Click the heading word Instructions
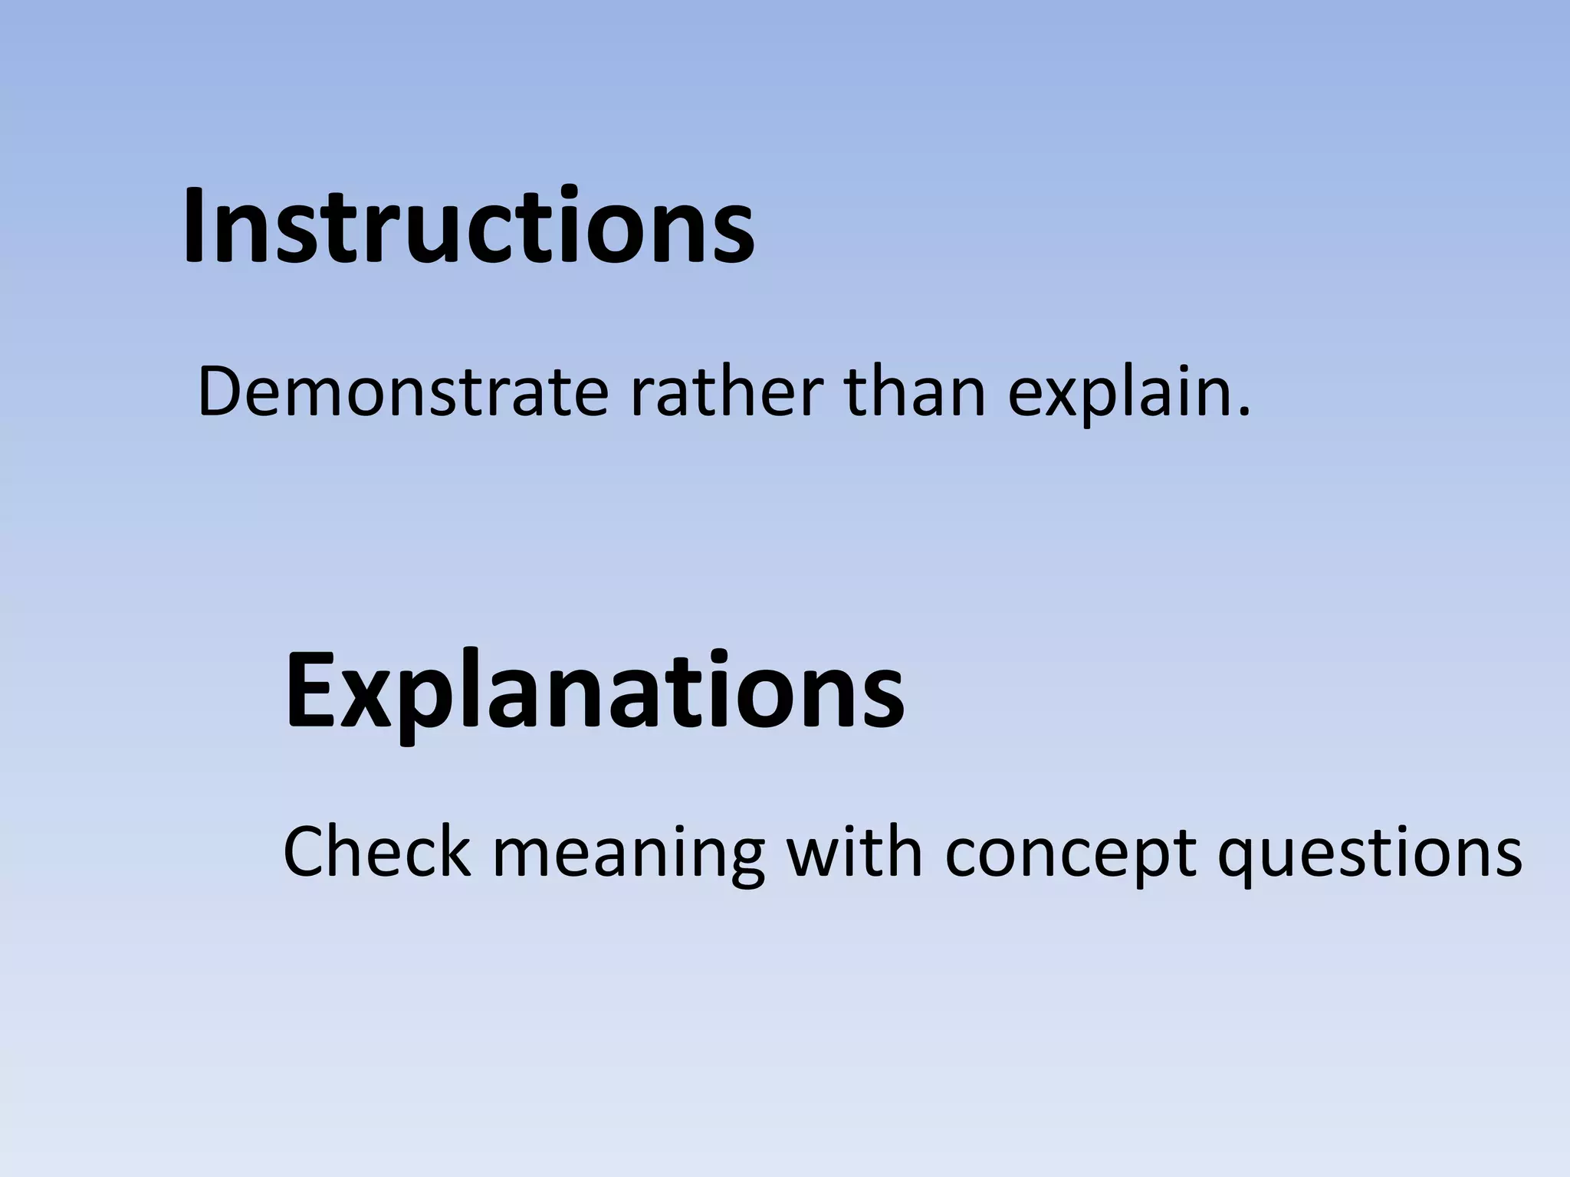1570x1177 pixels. [468, 227]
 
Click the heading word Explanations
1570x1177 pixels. [594, 690]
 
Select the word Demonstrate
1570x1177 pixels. [402, 392]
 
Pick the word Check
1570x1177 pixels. [376, 852]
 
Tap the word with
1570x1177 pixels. [855, 852]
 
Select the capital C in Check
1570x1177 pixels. [308, 852]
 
